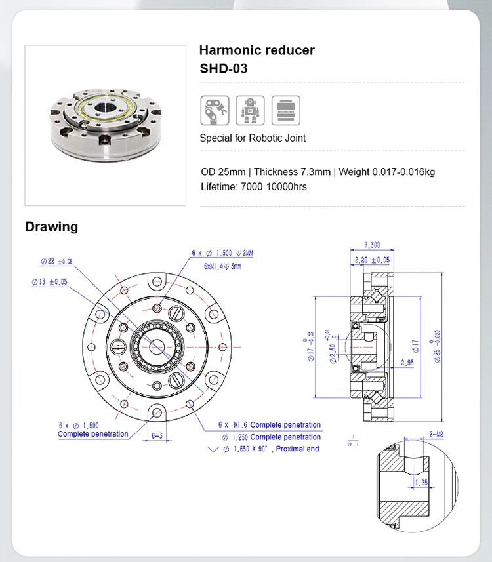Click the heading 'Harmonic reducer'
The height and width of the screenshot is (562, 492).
(x=256, y=50)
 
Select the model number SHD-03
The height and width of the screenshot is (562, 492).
(x=223, y=68)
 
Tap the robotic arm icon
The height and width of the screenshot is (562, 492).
(x=214, y=110)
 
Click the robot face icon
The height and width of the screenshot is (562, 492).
(x=249, y=110)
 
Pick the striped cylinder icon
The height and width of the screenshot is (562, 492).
(x=285, y=110)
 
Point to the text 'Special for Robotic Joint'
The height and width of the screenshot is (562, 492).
(x=253, y=138)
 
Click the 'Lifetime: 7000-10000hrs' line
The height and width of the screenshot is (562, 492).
(x=254, y=186)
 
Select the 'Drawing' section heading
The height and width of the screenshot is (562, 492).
(x=51, y=227)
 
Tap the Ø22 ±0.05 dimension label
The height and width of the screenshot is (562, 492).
(x=55, y=261)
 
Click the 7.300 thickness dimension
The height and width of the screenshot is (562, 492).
(x=371, y=245)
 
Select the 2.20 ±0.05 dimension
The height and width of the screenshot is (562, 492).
(x=371, y=260)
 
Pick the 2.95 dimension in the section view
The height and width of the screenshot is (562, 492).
(x=406, y=362)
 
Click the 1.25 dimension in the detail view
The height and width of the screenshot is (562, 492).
(x=420, y=483)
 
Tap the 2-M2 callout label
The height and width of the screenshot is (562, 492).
(x=436, y=434)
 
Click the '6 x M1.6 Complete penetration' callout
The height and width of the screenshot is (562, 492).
(x=271, y=425)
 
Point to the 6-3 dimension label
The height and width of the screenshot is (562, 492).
(x=157, y=435)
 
